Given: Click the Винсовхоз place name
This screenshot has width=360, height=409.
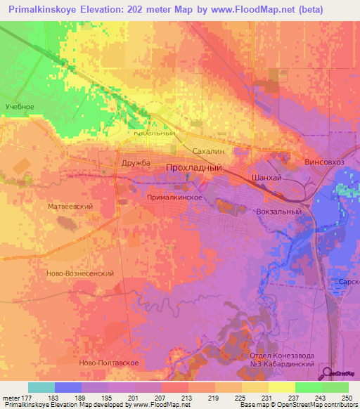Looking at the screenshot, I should pyautogui.click(x=326, y=162).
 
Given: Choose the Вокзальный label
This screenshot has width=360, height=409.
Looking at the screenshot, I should pyautogui.click(x=282, y=211).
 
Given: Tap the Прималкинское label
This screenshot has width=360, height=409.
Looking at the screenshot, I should pyautogui.click(x=175, y=198).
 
